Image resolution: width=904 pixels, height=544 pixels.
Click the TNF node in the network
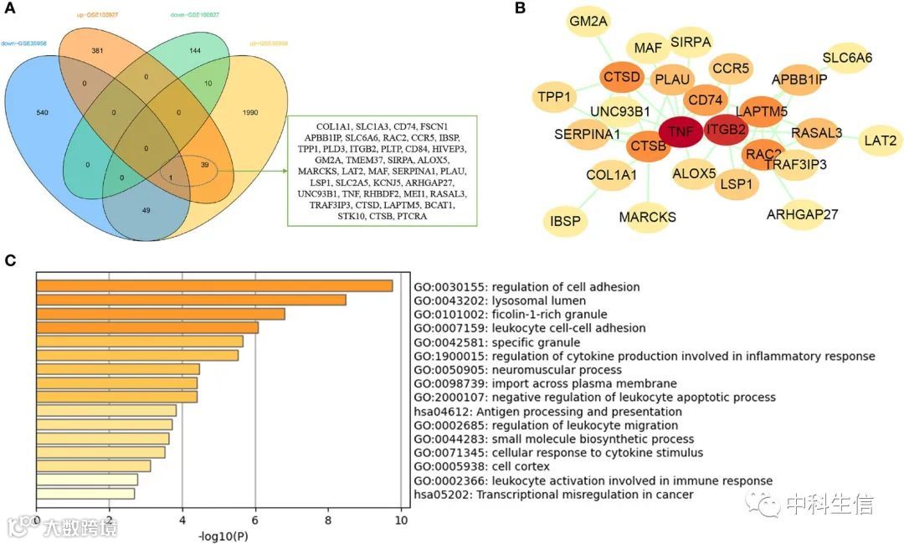click(x=680, y=132)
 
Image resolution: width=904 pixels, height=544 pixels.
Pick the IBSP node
click(x=566, y=221)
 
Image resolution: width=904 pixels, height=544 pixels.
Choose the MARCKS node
click(x=647, y=218)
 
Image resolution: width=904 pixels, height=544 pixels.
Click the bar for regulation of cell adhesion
click(x=214, y=286)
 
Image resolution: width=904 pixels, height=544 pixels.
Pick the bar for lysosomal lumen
click(x=191, y=300)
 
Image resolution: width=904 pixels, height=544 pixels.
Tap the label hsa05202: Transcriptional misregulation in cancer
click(x=553, y=495)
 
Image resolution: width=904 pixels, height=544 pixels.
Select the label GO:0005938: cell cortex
click(x=482, y=467)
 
